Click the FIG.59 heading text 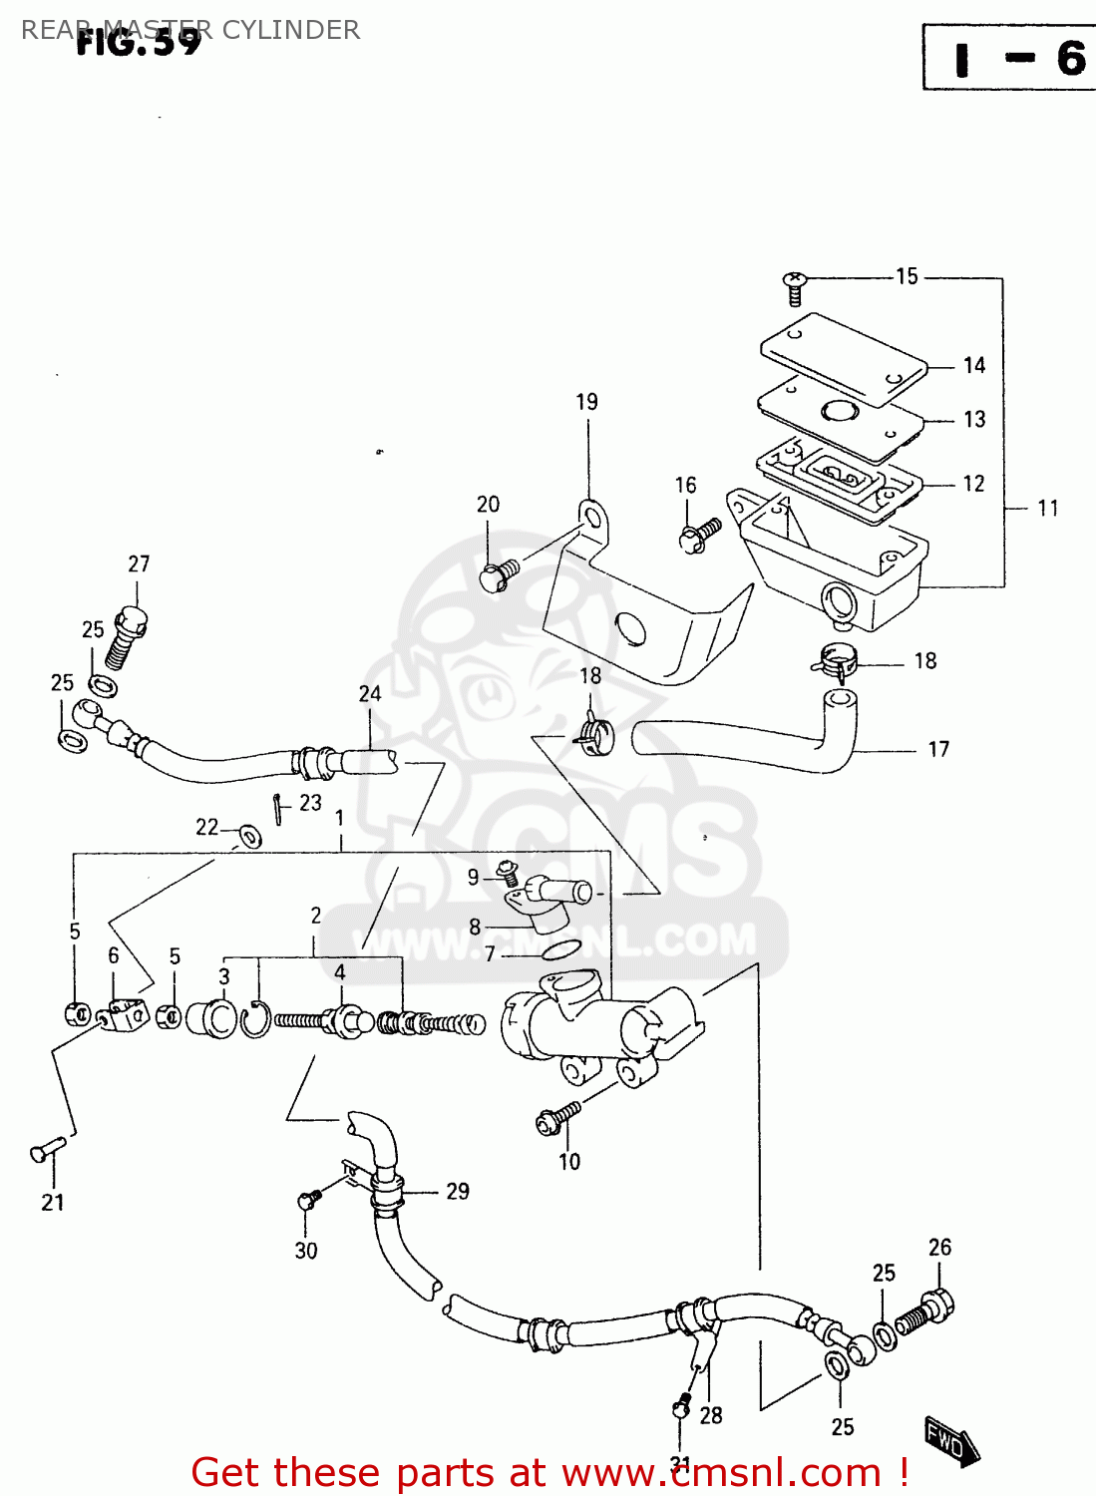click(x=140, y=42)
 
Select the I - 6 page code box click(x=1009, y=58)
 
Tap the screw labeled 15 click(x=794, y=288)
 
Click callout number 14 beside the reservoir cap click(x=974, y=366)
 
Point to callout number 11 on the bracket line click(x=1047, y=509)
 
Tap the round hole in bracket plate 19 click(x=631, y=629)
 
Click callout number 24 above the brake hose click(x=370, y=694)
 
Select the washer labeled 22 click(x=248, y=835)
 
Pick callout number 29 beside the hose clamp click(x=458, y=1192)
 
